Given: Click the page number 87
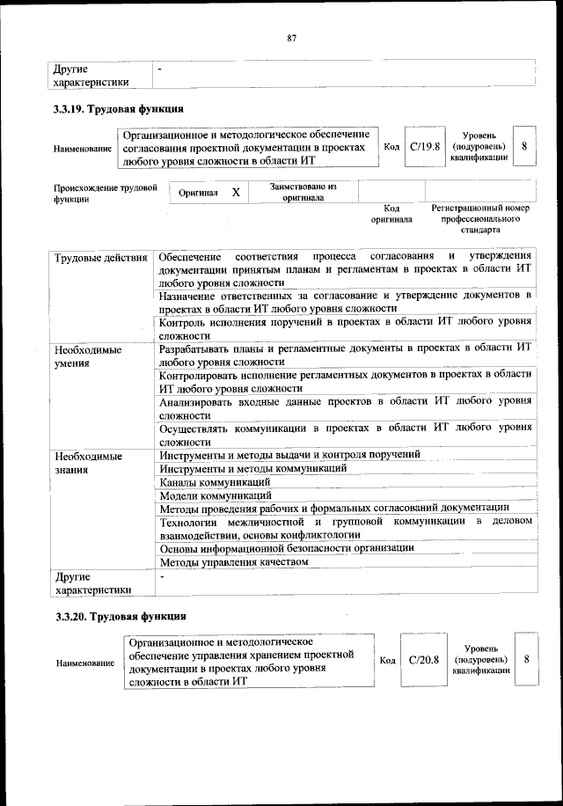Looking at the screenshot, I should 291,37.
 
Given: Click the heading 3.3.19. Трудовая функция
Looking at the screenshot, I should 118,109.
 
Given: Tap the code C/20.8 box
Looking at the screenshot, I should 423,659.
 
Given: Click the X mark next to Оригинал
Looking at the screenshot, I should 236,191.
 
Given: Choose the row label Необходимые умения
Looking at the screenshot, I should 87,355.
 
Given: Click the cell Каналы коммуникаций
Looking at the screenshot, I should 214,481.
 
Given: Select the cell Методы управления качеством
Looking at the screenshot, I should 233,561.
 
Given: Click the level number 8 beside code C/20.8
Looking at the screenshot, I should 525,659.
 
